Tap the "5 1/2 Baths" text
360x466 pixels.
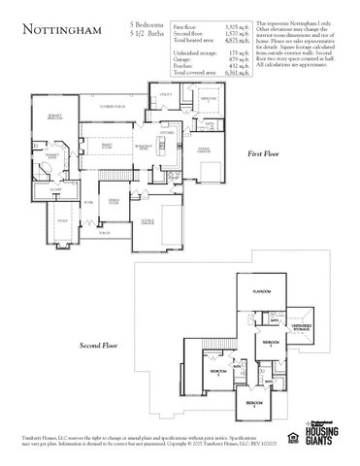tap(146, 32)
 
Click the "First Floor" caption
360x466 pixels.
tap(263, 153)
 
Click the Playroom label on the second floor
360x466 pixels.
tap(260, 290)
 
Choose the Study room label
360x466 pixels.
tap(61, 222)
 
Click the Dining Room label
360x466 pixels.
tap(114, 200)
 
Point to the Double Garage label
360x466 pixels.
tap(148, 221)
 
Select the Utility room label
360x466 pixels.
tap(165, 96)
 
